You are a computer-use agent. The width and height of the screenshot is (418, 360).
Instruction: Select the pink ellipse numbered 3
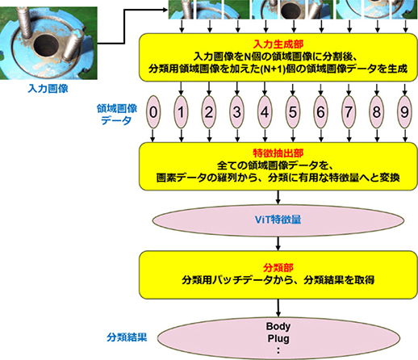point(236,111)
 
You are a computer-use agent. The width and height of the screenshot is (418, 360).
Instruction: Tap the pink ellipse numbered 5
point(292,111)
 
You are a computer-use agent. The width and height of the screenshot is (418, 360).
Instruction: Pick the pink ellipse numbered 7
point(348,111)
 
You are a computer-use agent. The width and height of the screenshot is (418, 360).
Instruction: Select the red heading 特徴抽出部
point(278,151)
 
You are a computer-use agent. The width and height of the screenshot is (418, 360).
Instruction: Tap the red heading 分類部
point(278,266)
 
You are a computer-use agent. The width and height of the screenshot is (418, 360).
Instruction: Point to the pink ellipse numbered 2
point(209,111)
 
